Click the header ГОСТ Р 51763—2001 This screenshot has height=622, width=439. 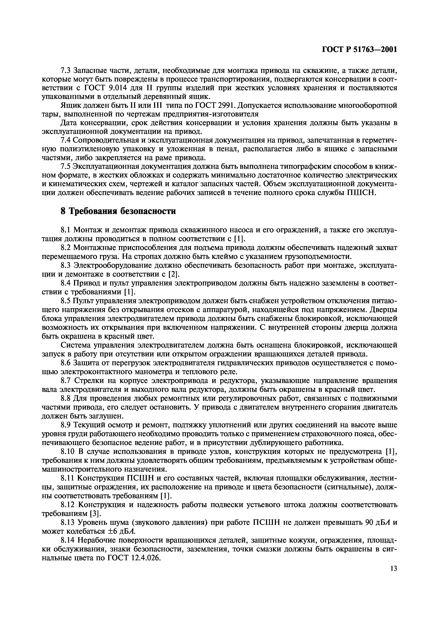click(359, 50)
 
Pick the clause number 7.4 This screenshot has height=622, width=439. click(66, 140)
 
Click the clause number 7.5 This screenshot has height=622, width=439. click(66, 166)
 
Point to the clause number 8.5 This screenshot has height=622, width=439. click(66, 301)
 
